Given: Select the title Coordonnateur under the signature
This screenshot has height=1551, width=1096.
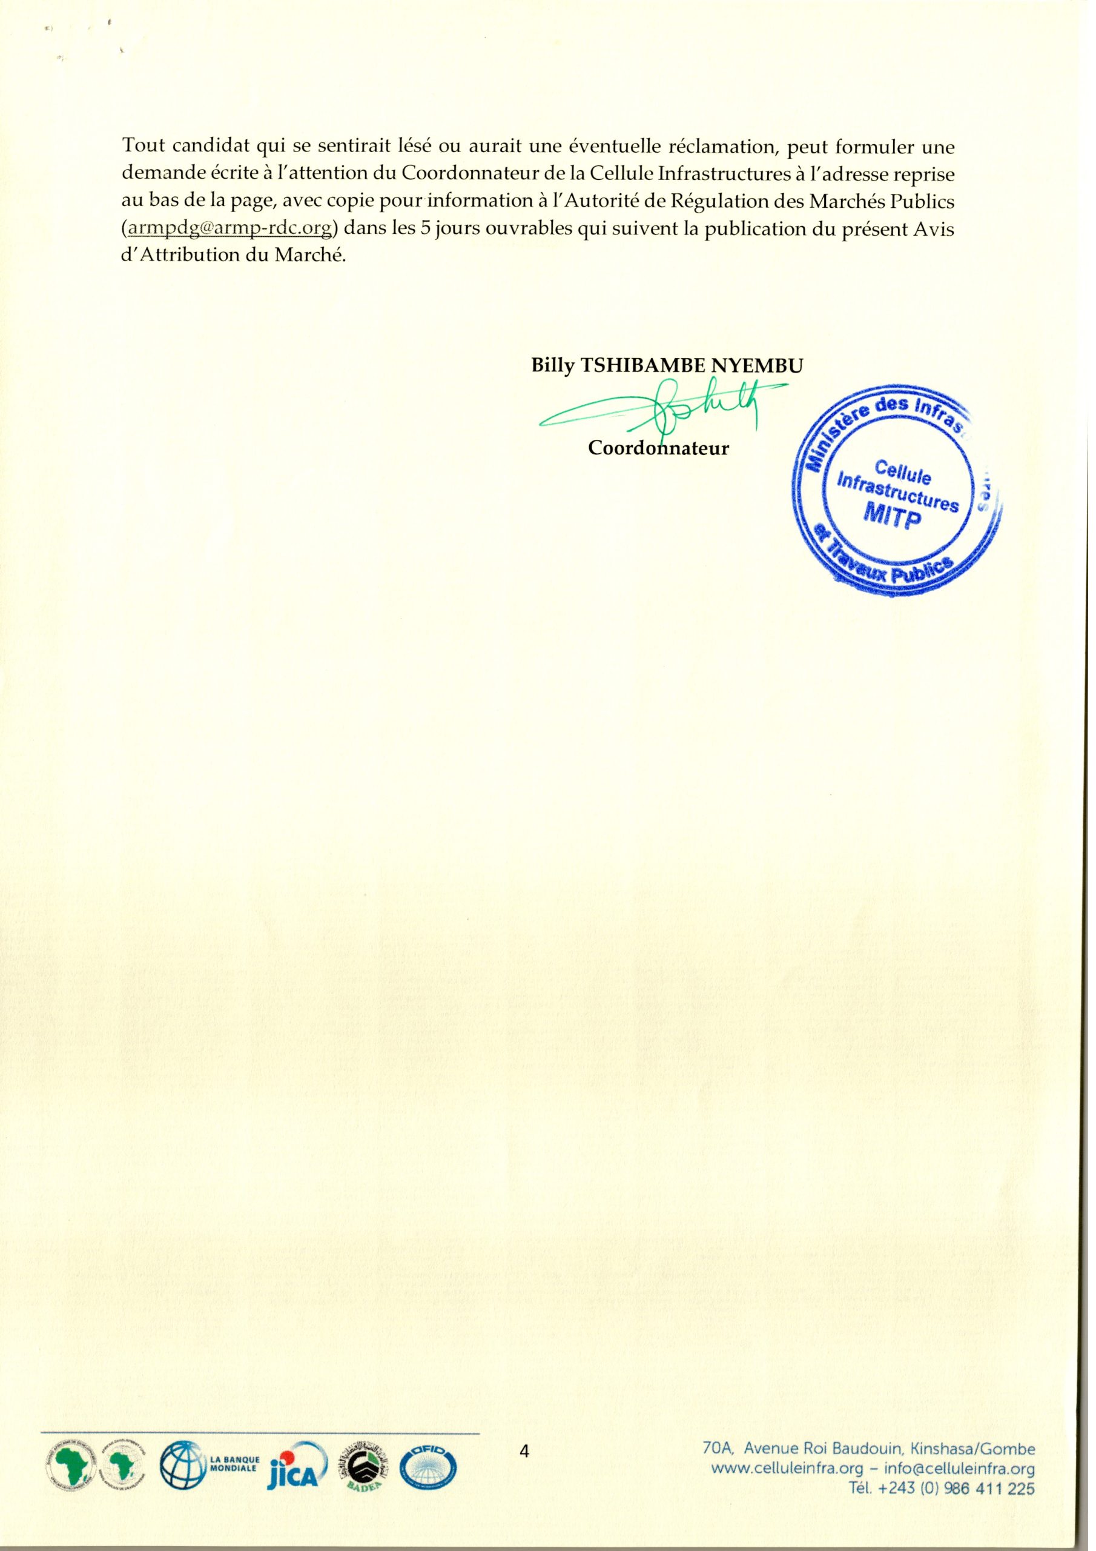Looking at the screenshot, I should [658, 448].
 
